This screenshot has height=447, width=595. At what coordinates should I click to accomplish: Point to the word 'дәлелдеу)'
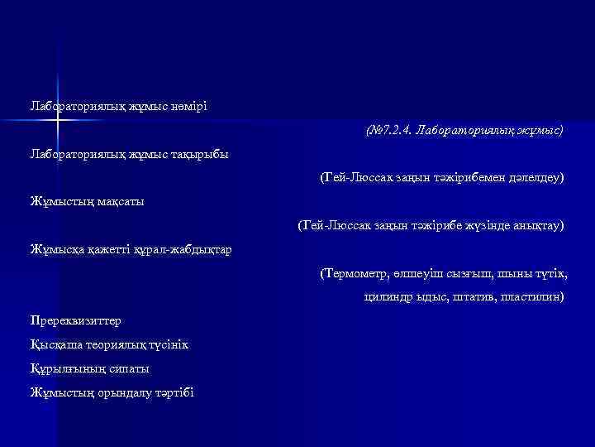click(x=536, y=178)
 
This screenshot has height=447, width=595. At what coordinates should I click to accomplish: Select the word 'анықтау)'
click(x=537, y=225)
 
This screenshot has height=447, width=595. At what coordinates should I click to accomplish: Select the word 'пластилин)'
click(x=530, y=296)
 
